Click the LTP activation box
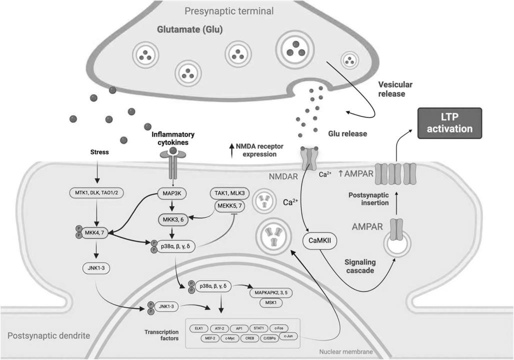449,123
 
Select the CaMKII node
319,240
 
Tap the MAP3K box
172,194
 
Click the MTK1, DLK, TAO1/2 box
96,193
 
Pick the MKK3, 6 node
173,219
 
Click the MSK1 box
271,302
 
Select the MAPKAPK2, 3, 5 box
271,292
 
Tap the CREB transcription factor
250,338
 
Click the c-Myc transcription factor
230,338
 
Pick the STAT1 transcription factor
258,328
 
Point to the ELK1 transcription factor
198,328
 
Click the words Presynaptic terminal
229,11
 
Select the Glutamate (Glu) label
190,29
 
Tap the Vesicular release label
395,89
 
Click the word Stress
99,152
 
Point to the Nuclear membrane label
346,352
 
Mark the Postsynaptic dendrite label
48,336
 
